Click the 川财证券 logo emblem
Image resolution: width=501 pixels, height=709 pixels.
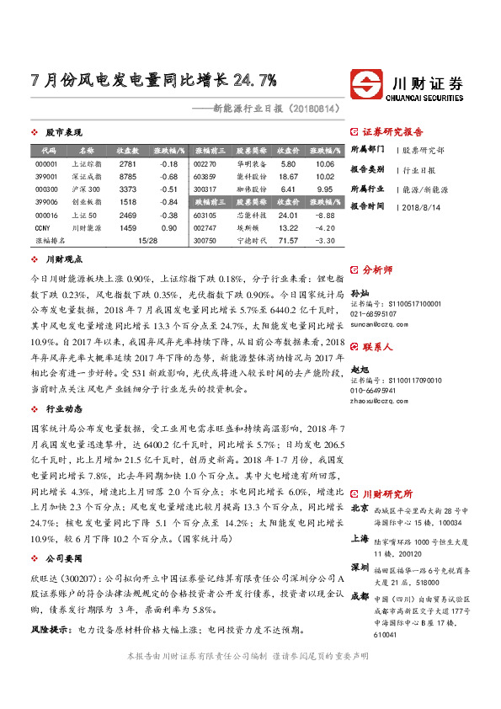point(367,83)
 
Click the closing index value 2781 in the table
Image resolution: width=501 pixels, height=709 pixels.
point(128,163)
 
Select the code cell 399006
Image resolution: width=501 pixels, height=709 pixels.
point(47,202)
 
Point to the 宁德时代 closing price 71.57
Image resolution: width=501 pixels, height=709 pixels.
point(289,241)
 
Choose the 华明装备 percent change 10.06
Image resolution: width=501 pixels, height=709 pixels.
point(325,163)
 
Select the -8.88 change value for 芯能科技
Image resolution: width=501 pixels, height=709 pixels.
point(325,215)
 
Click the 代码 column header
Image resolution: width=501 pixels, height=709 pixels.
point(47,150)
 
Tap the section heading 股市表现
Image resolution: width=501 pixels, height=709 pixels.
point(63,133)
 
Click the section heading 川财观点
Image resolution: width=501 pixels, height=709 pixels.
point(63,260)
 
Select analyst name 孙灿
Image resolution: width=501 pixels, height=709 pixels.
point(360,291)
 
